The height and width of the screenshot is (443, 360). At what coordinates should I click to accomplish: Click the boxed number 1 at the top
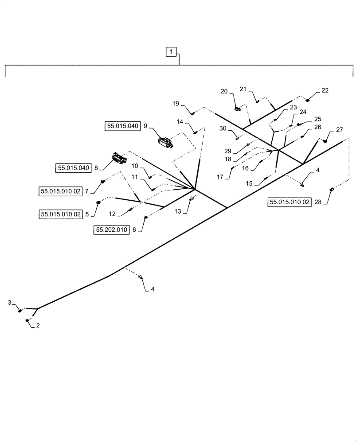[x=171, y=53]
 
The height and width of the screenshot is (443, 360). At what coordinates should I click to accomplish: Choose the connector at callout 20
[x=238, y=106]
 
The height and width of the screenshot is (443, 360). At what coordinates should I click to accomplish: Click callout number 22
[x=325, y=91]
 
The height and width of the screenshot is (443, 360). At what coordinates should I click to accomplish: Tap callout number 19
[x=176, y=104]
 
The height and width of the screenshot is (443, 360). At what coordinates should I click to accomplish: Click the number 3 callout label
[x=10, y=302]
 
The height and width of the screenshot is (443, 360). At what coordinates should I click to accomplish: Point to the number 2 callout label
[x=38, y=325]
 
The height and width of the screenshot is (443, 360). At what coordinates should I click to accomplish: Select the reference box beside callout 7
[x=61, y=191]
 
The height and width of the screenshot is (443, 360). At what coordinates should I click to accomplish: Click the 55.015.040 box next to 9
[x=122, y=126]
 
